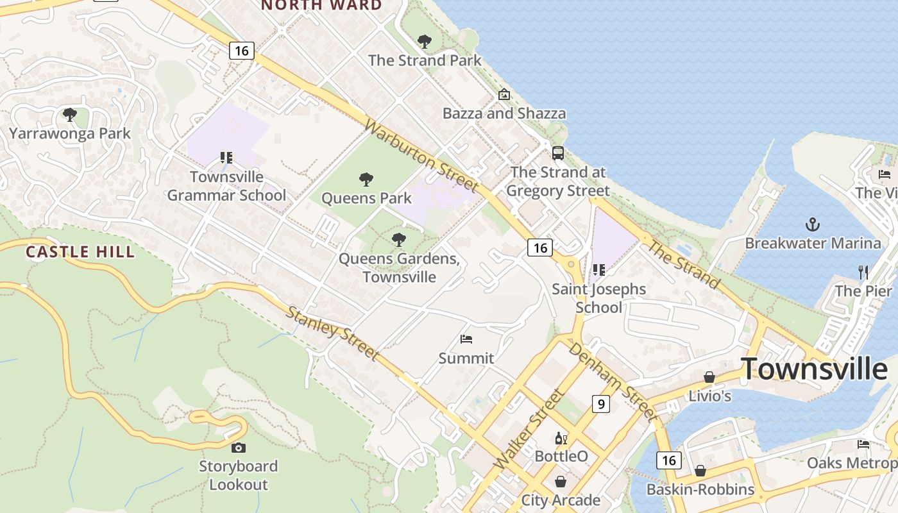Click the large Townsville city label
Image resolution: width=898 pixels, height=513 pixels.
[815, 369]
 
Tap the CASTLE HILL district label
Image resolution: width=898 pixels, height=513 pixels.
[80, 252]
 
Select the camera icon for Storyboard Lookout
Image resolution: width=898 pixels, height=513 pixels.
[238, 448]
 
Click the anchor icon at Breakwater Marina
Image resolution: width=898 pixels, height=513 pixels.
[813, 224]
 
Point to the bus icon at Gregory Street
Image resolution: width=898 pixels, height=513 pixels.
[558, 153]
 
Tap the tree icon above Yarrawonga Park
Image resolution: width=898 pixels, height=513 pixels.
[69, 115]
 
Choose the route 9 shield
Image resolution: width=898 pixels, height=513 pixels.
[600, 403]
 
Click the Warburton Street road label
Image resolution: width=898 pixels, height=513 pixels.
[421, 155]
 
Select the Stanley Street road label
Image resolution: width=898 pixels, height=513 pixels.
[332, 333]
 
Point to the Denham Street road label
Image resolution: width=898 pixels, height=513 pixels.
[613, 382]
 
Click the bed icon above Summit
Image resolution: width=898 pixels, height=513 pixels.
[466, 339]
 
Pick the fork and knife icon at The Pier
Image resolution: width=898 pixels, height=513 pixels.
[863, 272]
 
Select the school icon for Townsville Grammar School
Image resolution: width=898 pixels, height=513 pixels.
[226, 157]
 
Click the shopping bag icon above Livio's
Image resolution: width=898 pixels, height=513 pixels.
[709, 377]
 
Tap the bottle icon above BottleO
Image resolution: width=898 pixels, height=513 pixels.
[561, 438]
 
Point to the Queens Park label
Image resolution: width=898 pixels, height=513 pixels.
[366, 198]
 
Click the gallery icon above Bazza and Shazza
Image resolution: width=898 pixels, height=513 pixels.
[504, 95]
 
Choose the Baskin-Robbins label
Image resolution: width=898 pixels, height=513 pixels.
[700, 489]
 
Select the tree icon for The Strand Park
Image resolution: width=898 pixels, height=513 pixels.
[424, 42]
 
